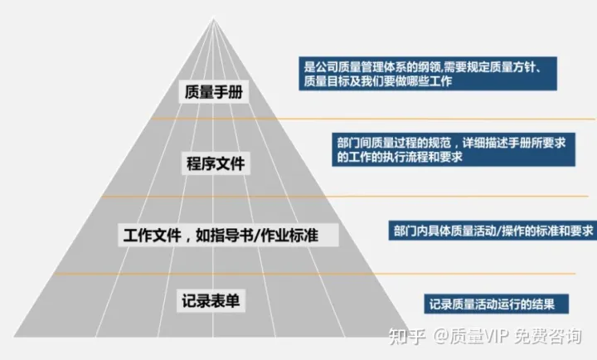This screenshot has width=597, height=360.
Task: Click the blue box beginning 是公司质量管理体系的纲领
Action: [x=428, y=74]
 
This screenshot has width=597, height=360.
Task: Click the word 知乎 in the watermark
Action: [x=412, y=338]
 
